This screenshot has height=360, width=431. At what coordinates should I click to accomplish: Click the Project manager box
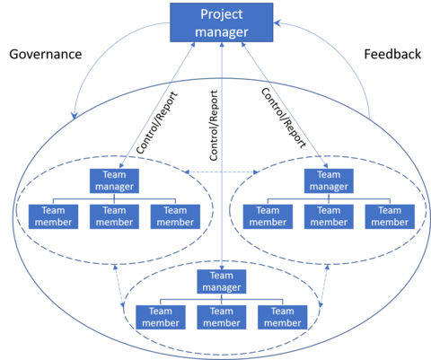222,22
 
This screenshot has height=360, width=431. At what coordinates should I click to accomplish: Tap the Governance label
46,55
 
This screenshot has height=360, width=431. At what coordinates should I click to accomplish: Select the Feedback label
392,55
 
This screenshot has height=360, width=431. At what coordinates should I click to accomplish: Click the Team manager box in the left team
114,180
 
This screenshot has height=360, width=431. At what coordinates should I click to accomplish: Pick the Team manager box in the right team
329,180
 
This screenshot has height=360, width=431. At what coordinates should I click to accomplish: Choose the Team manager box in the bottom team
222,282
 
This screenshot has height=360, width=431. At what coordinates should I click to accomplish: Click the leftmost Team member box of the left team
53,216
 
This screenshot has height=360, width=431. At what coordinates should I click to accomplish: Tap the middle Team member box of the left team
114,216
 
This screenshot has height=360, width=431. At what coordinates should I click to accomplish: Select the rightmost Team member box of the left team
175,216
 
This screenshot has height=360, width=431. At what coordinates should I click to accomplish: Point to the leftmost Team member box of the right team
268,216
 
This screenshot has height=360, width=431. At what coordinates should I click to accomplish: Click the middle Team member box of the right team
329,216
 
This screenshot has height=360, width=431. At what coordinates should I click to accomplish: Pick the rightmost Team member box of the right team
390,216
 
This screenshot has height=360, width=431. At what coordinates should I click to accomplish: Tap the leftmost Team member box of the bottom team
161,317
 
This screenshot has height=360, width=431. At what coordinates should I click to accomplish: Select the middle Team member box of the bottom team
222,317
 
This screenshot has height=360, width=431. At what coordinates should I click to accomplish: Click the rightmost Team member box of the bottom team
283,317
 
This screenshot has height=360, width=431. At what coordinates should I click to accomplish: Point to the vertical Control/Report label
214,126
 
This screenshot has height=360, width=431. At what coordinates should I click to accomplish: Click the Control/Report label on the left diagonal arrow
157,123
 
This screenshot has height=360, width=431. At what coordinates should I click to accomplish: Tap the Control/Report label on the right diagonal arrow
284,118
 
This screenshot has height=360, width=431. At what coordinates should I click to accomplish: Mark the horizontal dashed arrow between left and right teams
222,172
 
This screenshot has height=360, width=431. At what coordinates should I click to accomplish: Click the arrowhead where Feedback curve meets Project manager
277,23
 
